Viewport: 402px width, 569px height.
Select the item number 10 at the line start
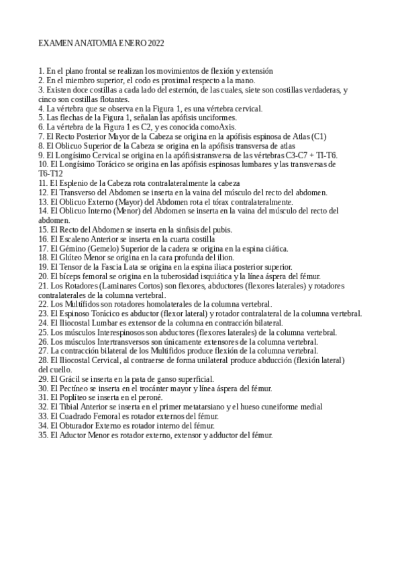pyautogui.click(x=44, y=164)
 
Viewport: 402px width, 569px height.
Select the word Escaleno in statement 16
pyautogui.click(x=77, y=238)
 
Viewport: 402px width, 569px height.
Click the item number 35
pyautogui.click(x=44, y=435)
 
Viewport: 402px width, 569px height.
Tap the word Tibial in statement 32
pyautogui.click(x=71, y=407)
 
